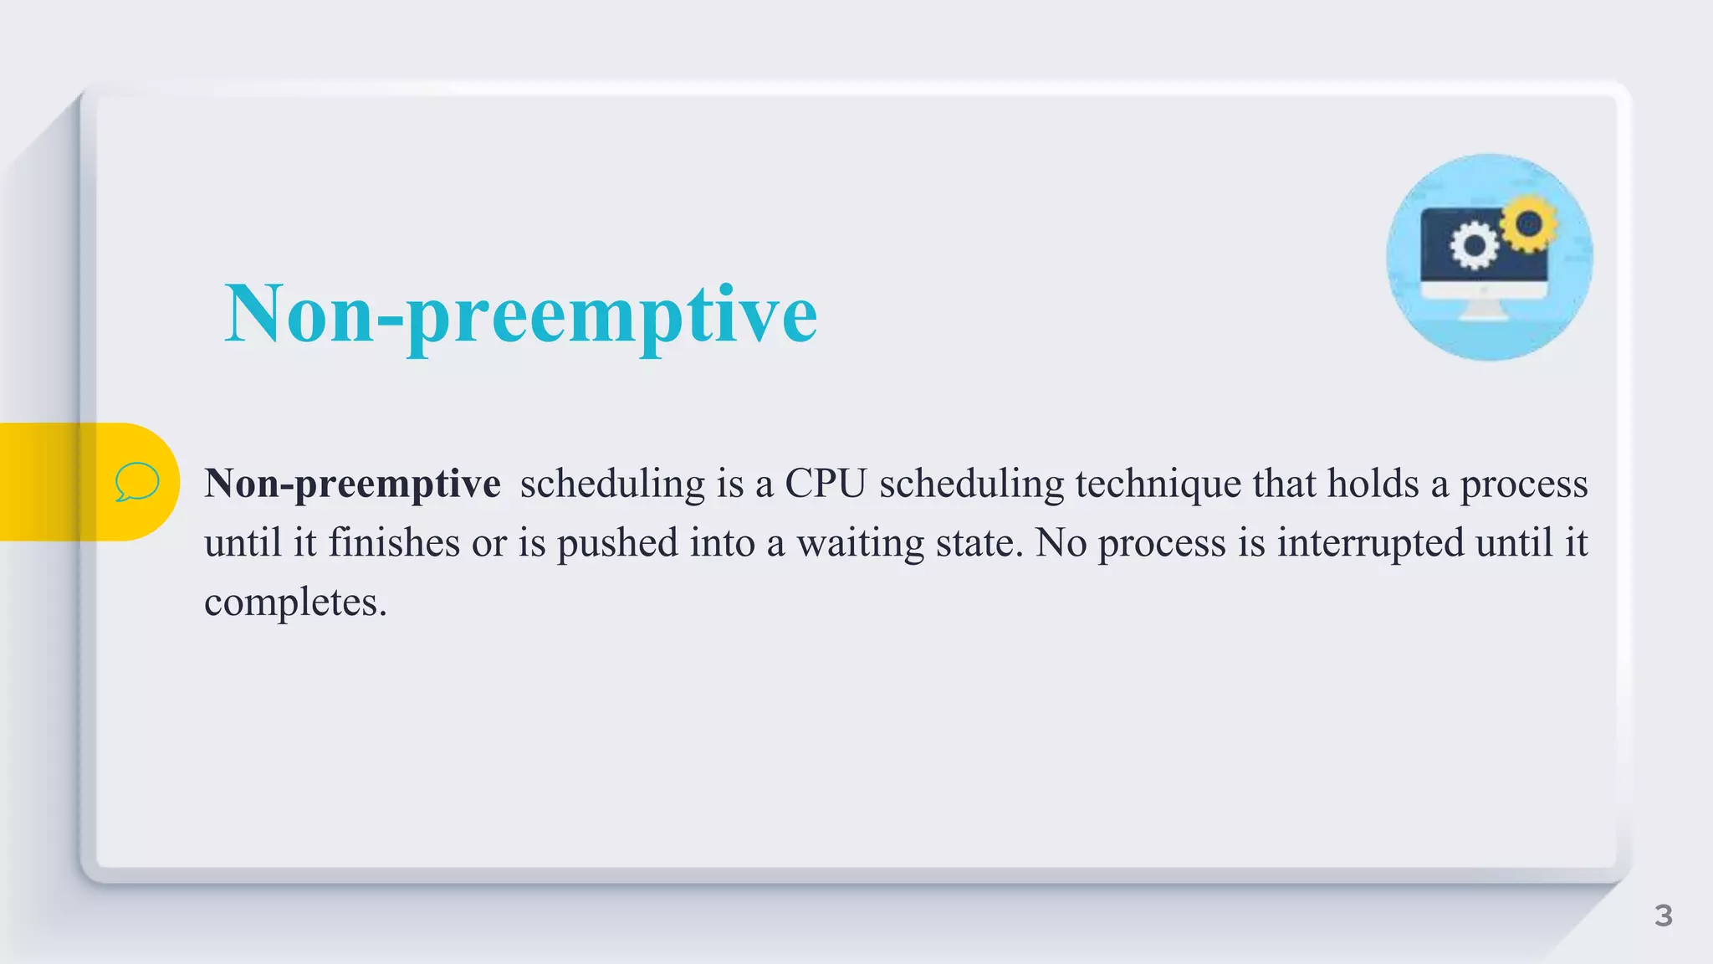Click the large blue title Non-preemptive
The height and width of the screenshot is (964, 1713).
point(520,315)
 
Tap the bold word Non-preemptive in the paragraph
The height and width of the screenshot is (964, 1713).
point(352,484)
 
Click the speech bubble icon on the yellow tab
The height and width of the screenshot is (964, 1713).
point(136,482)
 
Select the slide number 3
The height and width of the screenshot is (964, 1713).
point(1663,915)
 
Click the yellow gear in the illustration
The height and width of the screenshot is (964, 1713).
point(1529,223)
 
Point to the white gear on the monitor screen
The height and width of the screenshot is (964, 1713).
point(1473,246)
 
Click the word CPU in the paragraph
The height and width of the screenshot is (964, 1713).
point(825,484)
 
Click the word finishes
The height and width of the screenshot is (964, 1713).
point(393,542)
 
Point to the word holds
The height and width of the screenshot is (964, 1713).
point(1373,484)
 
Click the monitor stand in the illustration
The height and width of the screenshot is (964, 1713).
point(1484,309)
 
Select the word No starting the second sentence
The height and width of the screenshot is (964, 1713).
point(1061,542)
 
